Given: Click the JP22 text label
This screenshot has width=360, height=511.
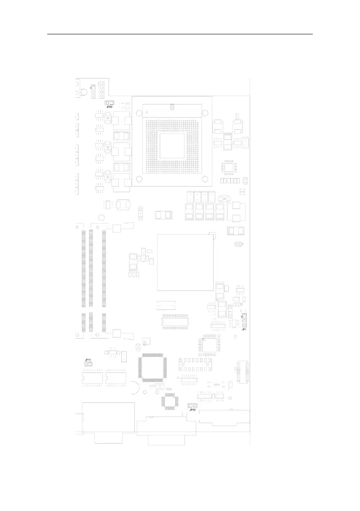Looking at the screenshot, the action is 109,107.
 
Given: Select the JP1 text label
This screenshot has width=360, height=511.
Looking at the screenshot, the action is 244,329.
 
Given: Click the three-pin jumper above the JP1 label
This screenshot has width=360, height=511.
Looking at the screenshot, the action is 244,321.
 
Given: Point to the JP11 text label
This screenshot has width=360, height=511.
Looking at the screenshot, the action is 88,359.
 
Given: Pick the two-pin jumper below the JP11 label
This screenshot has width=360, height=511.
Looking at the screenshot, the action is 88,364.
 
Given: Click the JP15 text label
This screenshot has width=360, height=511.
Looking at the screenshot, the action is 193,410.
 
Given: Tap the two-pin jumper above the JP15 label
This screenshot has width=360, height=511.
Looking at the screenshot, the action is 193,405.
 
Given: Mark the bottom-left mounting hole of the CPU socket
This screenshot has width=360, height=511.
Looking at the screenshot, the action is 139,179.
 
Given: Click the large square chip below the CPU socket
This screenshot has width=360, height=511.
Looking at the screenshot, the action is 185,263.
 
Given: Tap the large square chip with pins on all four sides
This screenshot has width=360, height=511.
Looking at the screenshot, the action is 151,367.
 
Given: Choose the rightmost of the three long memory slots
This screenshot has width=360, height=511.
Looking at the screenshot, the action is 104,279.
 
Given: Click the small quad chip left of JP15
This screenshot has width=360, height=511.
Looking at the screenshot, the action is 169,402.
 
